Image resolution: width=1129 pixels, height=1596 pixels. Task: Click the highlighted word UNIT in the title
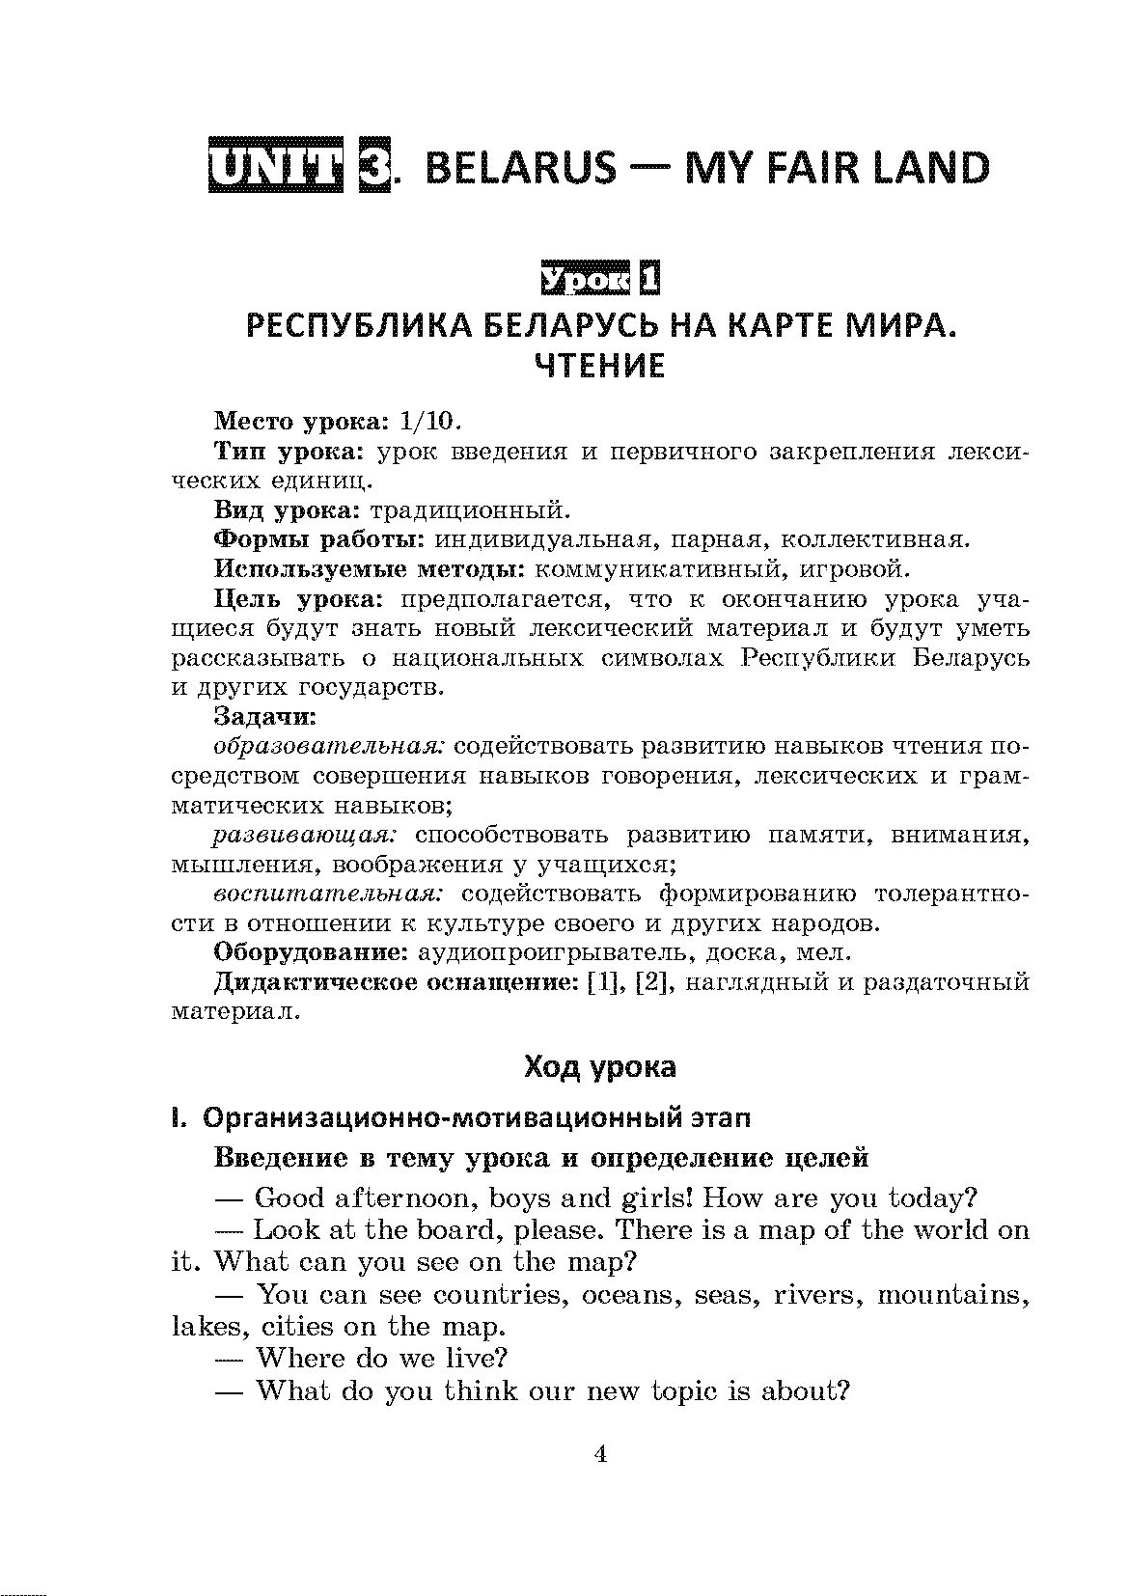click(x=276, y=167)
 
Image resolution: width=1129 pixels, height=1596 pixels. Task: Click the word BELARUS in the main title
click(x=519, y=169)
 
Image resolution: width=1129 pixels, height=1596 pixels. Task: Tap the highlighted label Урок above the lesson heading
click(x=585, y=279)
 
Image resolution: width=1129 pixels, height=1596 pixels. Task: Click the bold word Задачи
click(x=263, y=717)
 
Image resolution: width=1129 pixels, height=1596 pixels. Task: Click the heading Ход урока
click(x=599, y=1067)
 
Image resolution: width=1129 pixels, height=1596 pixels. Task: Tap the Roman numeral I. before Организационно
click(x=177, y=1119)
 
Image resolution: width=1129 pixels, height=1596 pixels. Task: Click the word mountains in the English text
click(x=950, y=1295)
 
